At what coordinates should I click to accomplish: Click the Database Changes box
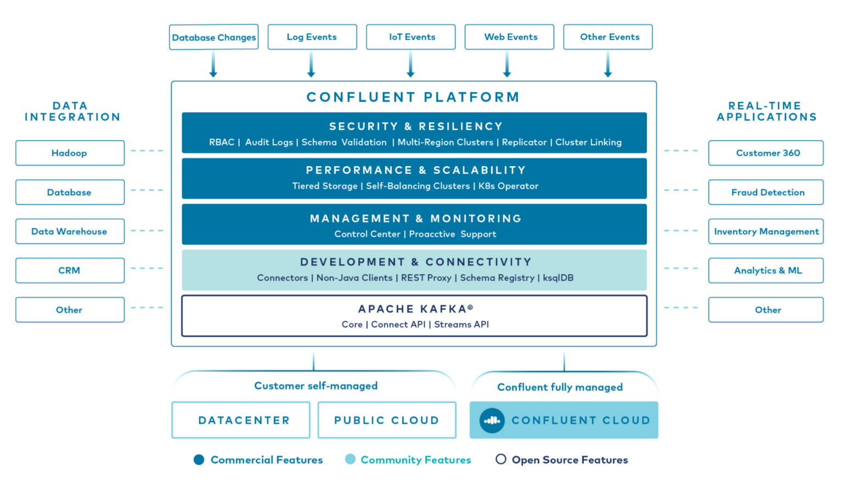click(213, 37)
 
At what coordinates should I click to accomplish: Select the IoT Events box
click(411, 37)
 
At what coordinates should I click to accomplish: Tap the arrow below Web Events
click(507, 64)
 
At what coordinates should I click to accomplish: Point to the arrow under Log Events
click(311, 64)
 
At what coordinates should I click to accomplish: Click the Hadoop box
click(70, 153)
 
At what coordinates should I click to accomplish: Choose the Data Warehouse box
click(70, 231)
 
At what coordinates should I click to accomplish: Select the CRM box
click(70, 270)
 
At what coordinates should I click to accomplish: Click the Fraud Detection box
click(766, 193)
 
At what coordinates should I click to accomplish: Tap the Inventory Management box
click(766, 231)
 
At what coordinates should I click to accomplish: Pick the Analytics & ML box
click(766, 270)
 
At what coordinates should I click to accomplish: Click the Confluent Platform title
click(413, 97)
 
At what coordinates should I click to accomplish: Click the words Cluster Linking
click(588, 142)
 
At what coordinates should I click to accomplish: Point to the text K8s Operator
click(508, 186)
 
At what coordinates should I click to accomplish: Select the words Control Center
click(368, 234)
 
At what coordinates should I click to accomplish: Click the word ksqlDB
click(558, 278)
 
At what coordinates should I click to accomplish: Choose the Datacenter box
click(241, 420)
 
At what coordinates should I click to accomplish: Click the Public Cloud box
click(387, 420)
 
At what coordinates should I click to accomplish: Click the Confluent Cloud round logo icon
click(492, 421)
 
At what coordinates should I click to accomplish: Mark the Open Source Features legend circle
click(500, 460)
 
